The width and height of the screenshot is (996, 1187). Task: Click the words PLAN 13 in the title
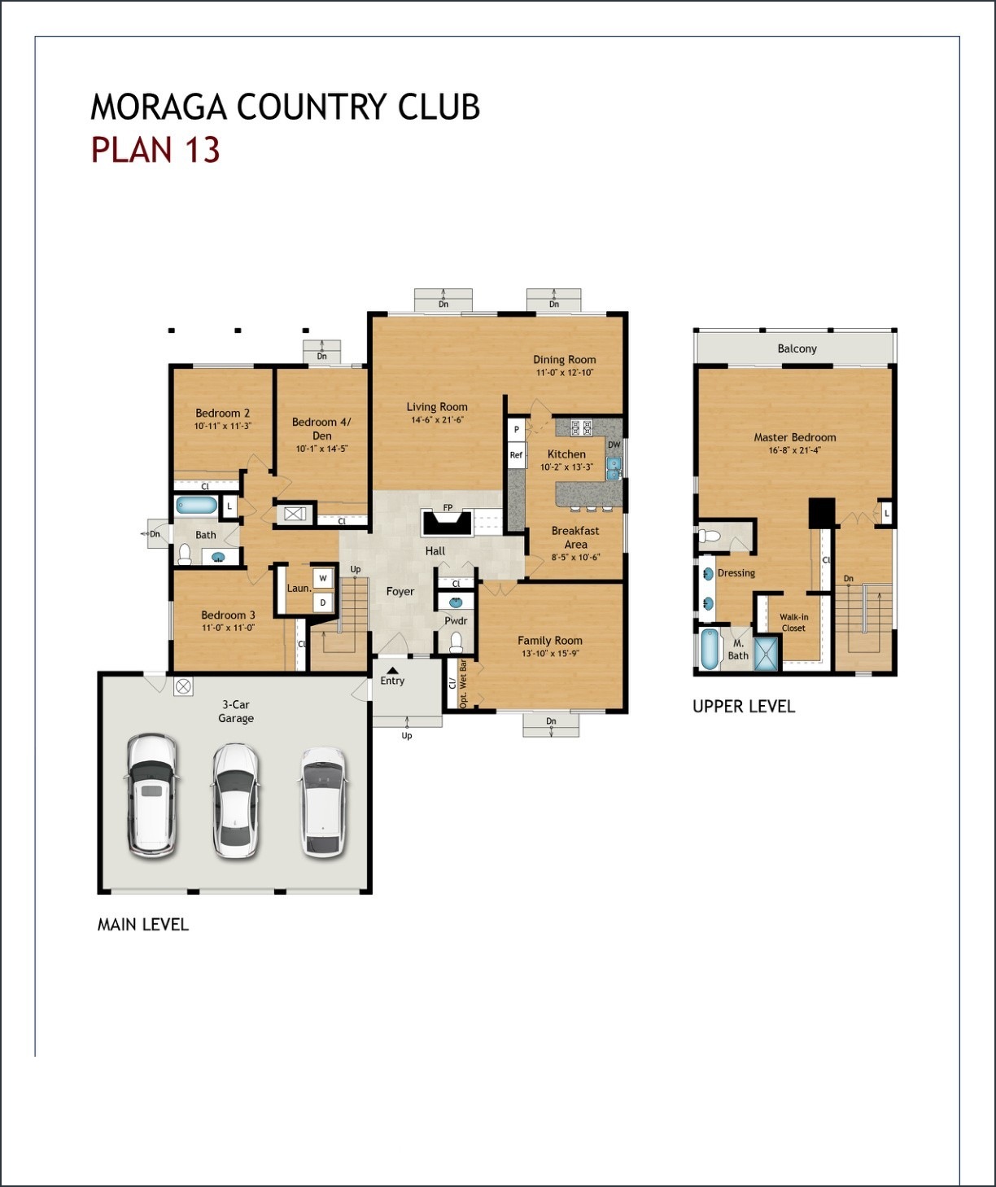[155, 151]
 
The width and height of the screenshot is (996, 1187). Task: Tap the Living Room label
[437, 407]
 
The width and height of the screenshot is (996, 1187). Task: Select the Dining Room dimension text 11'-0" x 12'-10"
[565, 373]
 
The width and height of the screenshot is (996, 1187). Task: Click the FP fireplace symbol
[447, 521]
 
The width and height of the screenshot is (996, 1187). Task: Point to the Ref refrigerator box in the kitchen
[516, 455]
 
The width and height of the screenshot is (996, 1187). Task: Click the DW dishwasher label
[614, 445]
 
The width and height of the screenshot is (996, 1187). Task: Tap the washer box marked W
[323, 578]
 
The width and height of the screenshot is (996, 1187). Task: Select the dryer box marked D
[323, 602]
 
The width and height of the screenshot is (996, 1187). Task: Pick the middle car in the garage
[235, 800]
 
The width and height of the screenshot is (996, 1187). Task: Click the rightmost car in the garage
[322, 802]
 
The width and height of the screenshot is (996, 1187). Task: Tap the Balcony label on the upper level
[797, 348]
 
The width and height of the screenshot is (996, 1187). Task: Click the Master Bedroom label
[794, 437]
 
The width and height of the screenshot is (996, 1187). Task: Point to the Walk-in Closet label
[793, 623]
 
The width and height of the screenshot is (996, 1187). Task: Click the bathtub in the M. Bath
[710, 649]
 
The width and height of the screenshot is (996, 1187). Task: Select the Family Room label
[550, 641]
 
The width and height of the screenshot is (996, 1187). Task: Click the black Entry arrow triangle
[392, 670]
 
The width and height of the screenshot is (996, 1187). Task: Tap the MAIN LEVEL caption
[142, 925]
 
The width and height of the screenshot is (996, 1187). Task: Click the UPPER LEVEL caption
[743, 707]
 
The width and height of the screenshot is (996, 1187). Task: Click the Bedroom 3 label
[228, 615]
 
